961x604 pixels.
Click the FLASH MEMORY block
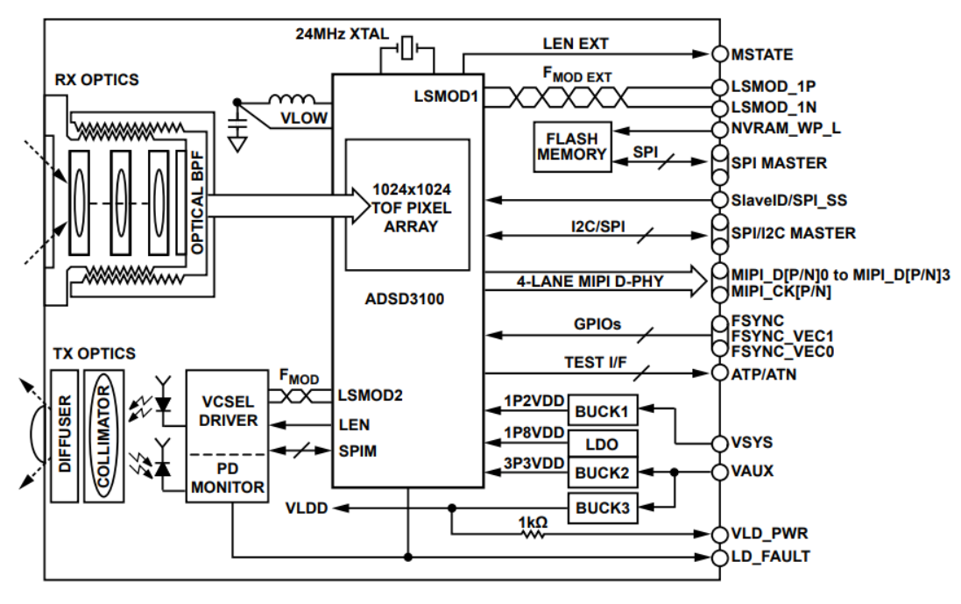(x=573, y=146)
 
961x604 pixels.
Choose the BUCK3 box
(x=602, y=506)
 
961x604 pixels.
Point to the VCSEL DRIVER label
(x=228, y=410)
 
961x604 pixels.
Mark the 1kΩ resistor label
(x=533, y=522)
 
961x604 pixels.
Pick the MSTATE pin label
(x=761, y=54)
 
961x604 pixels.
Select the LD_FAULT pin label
(x=770, y=556)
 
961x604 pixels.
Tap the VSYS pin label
(x=753, y=442)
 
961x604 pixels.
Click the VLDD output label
(x=306, y=508)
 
